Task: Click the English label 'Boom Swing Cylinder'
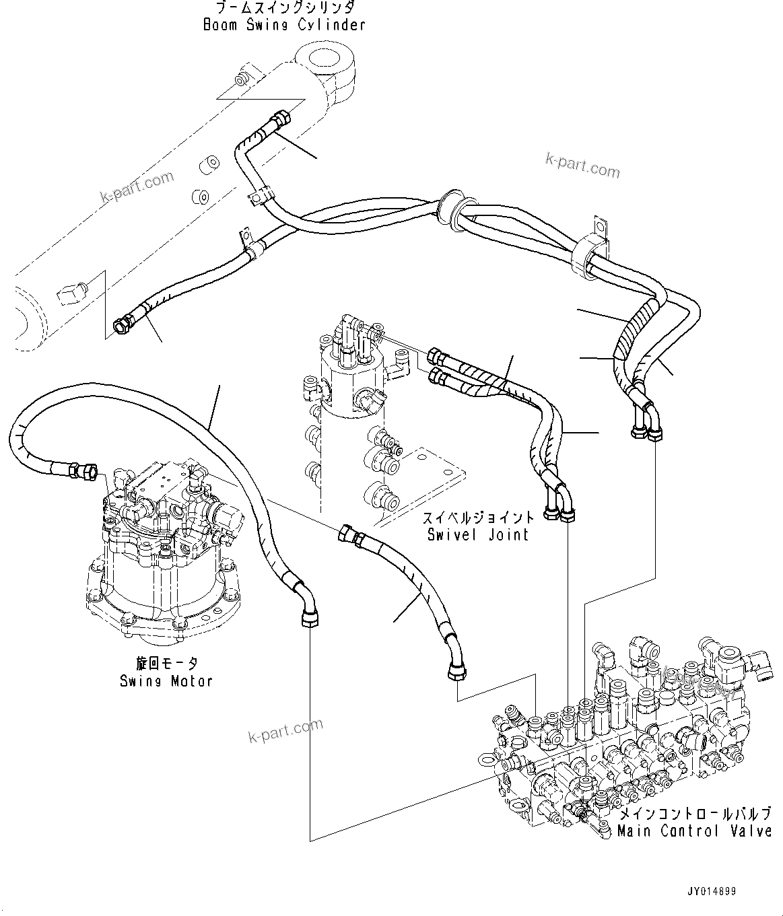click(x=283, y=25)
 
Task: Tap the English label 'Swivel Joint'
click(x=478, y=534)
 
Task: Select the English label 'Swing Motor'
click(x=166, y=680)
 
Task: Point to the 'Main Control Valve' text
click(x=694, y=831)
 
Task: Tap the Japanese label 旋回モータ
click(x=166, y=664)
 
